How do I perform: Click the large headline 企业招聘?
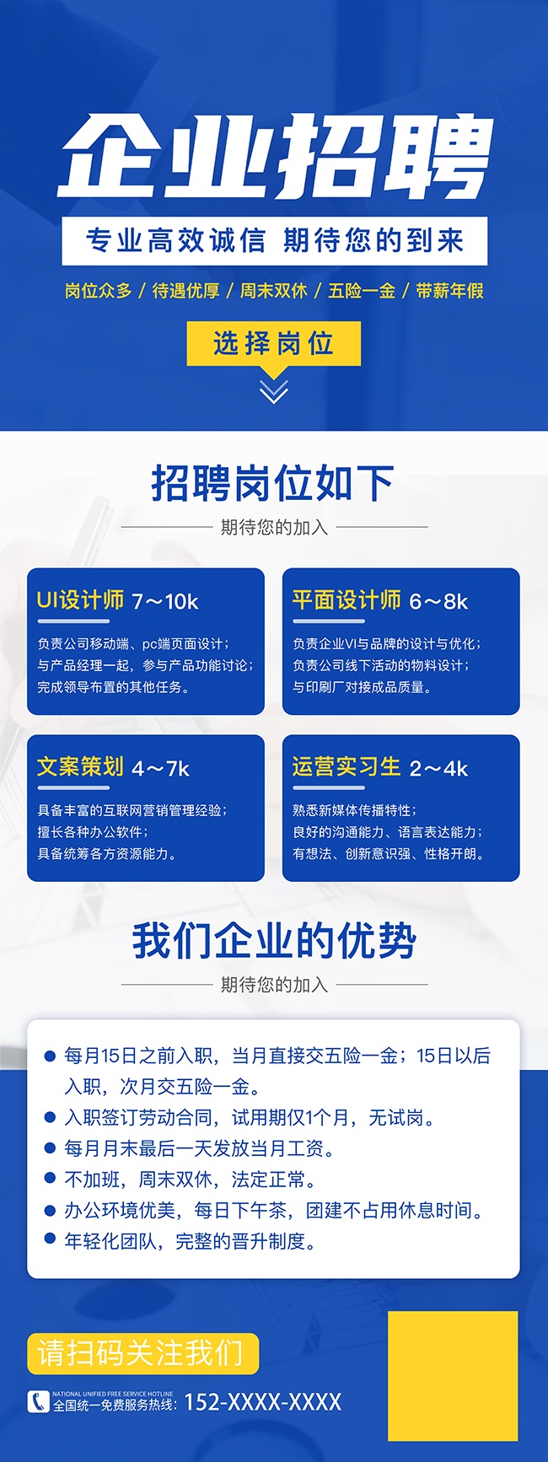(275, 156)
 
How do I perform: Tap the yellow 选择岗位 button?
(273, 343)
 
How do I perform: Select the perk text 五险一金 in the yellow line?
(362, 291)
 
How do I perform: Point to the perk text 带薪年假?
(449, 291)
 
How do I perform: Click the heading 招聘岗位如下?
(272, 483)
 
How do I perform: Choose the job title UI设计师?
(80, 600)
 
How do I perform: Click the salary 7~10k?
(165, 602)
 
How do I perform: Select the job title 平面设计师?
(347, 600)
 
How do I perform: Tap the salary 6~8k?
(438, 602)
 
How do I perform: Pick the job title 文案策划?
(80, 766)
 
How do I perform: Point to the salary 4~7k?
(161, 769)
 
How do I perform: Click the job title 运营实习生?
(347, 766)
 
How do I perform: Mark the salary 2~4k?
(438, 769)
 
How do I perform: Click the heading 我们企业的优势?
(274, 941)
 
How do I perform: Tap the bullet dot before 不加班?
(50, 1180)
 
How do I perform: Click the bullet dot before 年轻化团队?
(50, 1241)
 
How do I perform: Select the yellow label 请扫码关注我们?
(142, 1353)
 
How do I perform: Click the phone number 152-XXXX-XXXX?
(263, 1402)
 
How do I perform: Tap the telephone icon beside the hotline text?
(39, 1401)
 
